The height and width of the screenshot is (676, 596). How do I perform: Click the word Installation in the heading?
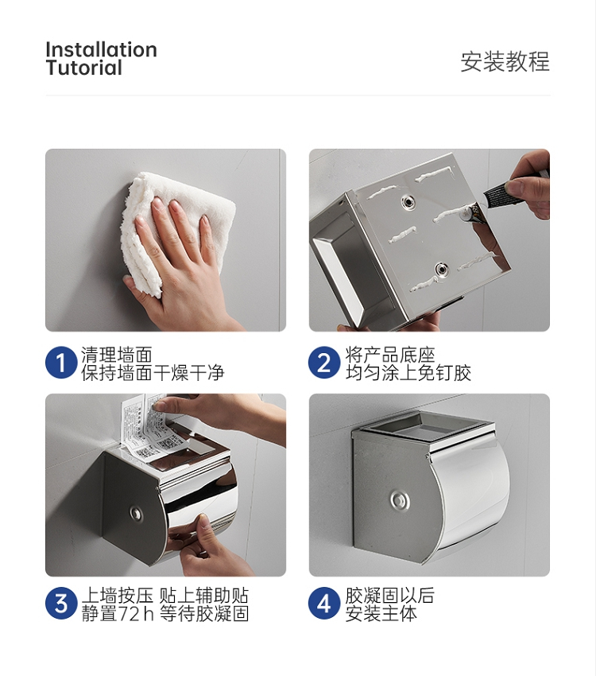(x=101, y=49)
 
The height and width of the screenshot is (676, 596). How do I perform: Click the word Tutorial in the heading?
(x=84, y=68)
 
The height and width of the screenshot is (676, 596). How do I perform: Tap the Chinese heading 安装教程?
(x=505, y=61)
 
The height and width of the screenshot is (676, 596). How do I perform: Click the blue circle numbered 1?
(x=60, y=363)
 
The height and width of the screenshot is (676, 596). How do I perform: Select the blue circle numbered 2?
(x=324, y=363)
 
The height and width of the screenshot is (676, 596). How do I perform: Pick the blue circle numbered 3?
(x=60, y=604)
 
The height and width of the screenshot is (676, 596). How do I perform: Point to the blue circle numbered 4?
(x=324, y=604)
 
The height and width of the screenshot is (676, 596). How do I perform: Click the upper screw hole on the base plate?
(x=407, y=201)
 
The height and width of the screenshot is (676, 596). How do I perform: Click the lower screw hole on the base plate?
(x=441, y=270)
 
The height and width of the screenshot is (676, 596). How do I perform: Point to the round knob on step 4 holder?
(x=400, y=500)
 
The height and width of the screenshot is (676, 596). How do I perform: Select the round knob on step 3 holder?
(x=136, y=513)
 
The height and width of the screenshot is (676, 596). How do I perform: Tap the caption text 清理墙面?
(x=117, y=355)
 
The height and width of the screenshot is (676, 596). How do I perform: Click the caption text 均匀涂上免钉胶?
(x=408, y=373)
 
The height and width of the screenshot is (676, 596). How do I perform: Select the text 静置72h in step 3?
(x=118, y=613)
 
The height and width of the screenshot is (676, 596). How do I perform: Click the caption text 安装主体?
(x=381, y=613)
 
